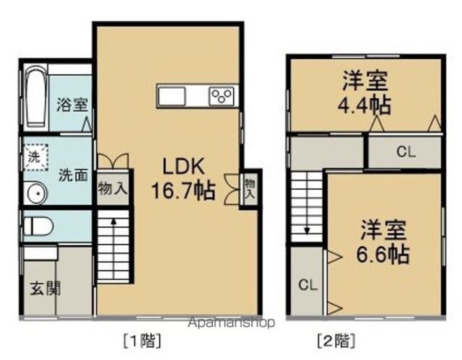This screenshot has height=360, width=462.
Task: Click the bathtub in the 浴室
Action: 35,96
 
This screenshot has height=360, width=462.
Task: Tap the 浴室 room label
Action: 72,105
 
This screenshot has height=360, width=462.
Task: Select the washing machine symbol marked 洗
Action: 35,157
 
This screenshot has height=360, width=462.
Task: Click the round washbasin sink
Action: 38,193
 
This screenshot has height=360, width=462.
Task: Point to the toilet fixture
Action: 38,227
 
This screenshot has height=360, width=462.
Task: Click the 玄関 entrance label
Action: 46,288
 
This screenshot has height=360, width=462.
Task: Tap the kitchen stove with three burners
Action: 222,96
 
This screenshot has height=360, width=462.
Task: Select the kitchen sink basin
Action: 171,96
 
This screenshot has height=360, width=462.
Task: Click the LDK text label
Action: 183,167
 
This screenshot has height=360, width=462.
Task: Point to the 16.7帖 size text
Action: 183,190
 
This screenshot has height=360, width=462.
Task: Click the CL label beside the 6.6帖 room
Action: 308,285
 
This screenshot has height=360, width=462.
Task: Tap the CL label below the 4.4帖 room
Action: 406,152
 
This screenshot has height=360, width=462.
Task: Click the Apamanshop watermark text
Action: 232,323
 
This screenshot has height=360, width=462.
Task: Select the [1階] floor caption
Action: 142,341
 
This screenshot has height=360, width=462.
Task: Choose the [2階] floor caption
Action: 336,341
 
